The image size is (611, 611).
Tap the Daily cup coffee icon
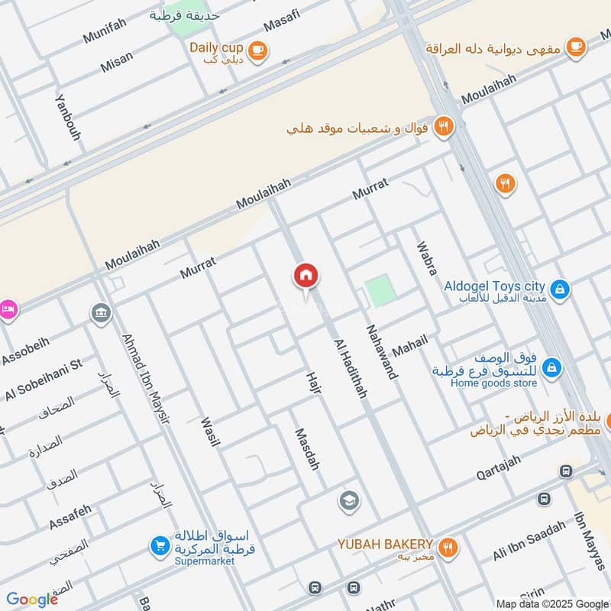click(x=258, y=50)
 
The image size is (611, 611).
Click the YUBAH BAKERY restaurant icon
click(x=448, y=546)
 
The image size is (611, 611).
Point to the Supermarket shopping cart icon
click(x=160, y=546)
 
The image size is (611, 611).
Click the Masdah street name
click(x=306, y=448)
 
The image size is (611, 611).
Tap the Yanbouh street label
click(x=68, y=117)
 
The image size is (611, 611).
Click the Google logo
click(x=32, y=600)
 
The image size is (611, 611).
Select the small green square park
click(x=378, y=291)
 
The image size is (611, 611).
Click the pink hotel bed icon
click(x=8, y=309)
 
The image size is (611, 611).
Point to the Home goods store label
click(x=493, y=383)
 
